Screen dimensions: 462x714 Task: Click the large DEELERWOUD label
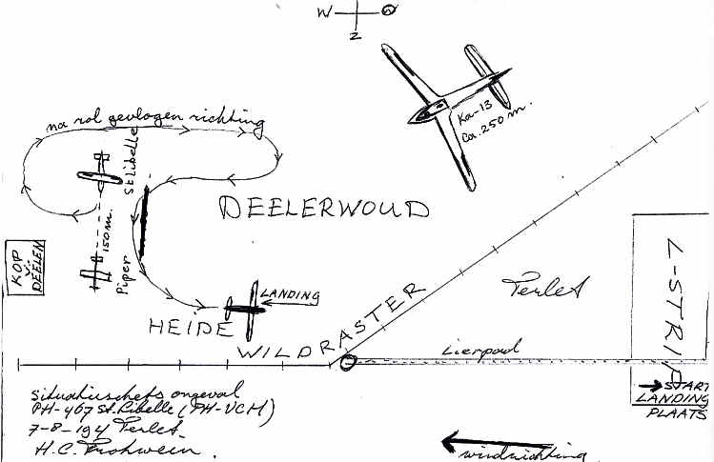coord(324,209)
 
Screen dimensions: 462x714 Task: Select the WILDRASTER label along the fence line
coord(329,328)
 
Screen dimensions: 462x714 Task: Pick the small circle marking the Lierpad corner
coord(347,361)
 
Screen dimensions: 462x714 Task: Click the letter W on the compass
coord(326,12)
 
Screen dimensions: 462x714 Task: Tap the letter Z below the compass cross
coord(354,36)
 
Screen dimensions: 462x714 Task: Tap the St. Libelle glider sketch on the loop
coord(98,176)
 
